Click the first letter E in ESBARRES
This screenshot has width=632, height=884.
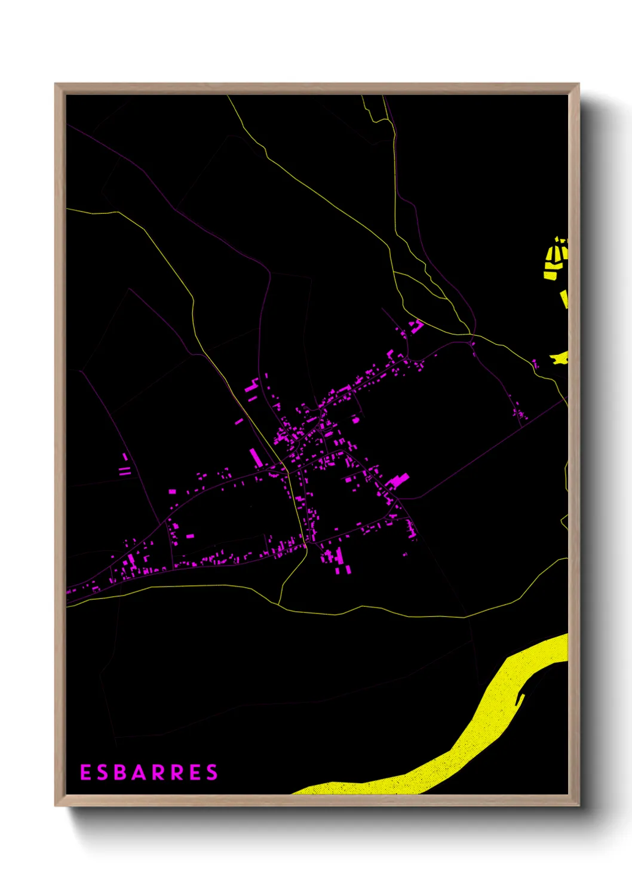[x=85, y=772]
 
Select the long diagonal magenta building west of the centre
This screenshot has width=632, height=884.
[x=255, y=457]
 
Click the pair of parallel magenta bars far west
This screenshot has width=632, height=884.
[x=124, y=471]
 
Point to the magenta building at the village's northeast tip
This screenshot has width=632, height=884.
[x=416, y=326]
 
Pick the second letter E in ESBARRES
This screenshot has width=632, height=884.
[x=195, y=772]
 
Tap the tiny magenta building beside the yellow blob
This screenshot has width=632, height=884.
[x=535, y=363]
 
